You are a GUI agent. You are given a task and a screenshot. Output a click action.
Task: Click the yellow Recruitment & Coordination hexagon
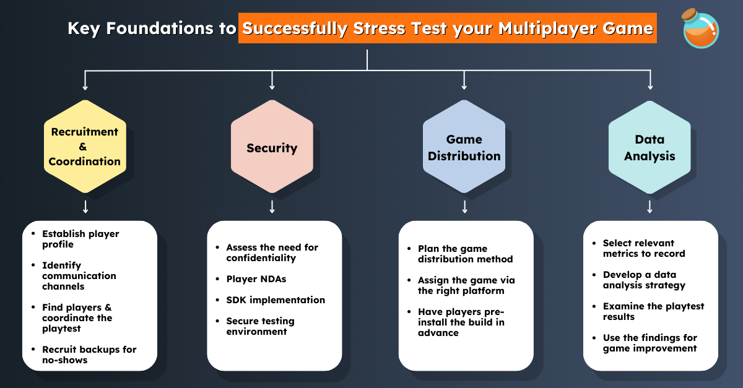[x=85, y=147]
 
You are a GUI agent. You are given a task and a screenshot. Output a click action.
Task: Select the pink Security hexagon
[x=272, y=148]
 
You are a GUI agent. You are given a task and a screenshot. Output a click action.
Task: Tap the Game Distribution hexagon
[x=464, y=148]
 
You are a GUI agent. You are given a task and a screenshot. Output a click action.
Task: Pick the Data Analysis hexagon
[x=650, y=148]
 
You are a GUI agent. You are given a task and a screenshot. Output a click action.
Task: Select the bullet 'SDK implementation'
[x=275, y=300]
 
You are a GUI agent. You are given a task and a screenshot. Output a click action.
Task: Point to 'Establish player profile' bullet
[x=80, y=239]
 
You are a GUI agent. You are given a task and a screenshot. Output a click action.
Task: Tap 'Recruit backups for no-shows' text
[x=89, y=355]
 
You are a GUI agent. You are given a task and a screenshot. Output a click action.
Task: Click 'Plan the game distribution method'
[x=465, y=254]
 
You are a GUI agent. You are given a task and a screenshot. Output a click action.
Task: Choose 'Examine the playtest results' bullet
[x=653, y=311]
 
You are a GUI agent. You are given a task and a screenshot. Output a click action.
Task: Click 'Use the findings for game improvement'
[x=650, y=343]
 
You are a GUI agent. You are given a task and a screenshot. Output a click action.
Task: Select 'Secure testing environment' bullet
[x=260, y=326]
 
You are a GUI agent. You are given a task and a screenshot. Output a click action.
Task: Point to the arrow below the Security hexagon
[x=272, y=207]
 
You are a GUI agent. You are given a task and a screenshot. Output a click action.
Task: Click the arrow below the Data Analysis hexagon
[x=650, y=207]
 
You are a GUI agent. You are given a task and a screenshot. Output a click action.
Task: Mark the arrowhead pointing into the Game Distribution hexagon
[x=464, y=86]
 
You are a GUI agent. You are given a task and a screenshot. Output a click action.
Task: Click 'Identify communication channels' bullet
[x=79, y=275]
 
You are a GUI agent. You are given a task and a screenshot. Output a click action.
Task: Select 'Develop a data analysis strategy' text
[x=644, y=280]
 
